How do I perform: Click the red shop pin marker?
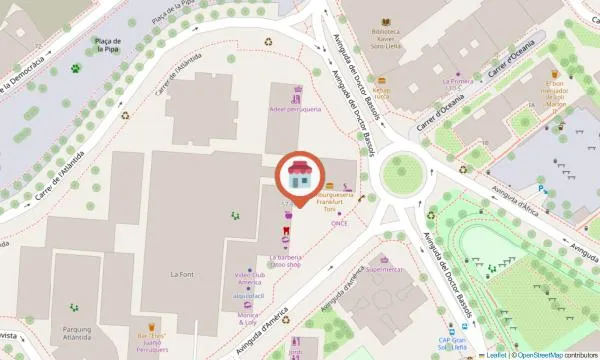pyautogui.click(x=299, y=177)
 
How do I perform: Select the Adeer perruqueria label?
pyautogui.click(x=295, y=109)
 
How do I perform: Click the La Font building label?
pyautogui.click(x=181, y=273)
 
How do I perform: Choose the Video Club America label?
pyautogui.click(x=248, y=277)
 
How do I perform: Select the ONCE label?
pyautogui.click(x=341, y=223)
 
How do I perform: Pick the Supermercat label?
pyautogui.click(x=385, y=269)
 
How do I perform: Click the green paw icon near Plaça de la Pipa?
pyautogui.click(x=75, y=69)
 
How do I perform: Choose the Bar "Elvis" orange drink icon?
pyautogui.click(x=153, y=326)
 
